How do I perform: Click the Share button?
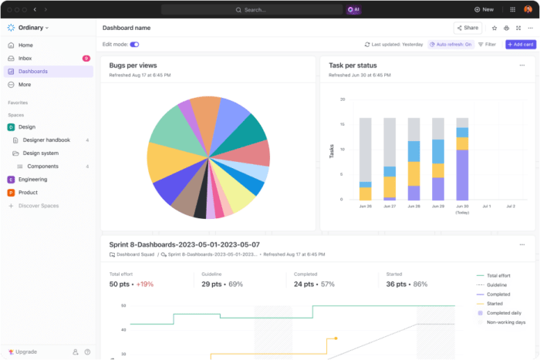(x=467, y=28)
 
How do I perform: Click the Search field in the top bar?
(x=251, y=9)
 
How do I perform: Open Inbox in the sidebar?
(x=25, y=58)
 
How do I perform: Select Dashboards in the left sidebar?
(x=33, y=71)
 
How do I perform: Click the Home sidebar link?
(x=25, y=45)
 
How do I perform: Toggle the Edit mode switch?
(x=134, y=45)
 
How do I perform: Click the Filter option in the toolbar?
(x=487, y=45)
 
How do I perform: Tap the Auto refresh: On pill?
(x=451, y=45)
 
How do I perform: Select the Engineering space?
(x=32, y=179)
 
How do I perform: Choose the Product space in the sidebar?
(x=28, y=192)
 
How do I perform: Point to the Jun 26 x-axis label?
(x=366, y=207)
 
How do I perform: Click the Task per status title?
(x=353, y=66)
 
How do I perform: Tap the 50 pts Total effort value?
(x=120, y=284)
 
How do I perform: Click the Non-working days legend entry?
(x=505, y=322)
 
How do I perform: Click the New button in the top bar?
(x=484, y=9)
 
